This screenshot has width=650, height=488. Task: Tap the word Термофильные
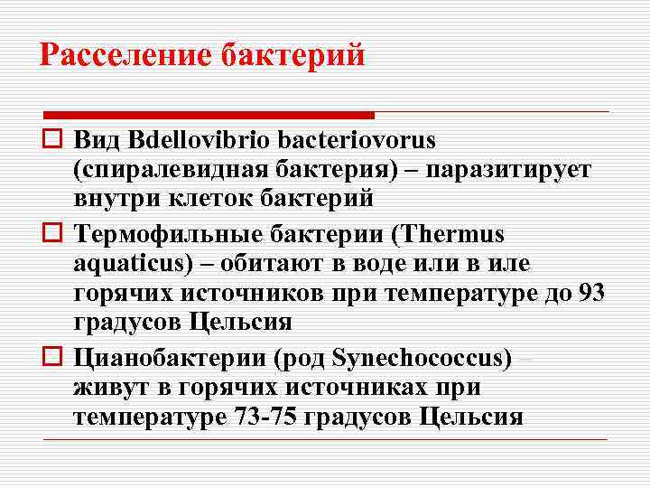(x=166, y=235)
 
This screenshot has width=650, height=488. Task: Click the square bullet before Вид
(x=52, y=141)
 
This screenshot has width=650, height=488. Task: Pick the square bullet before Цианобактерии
(x=52, y=359)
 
